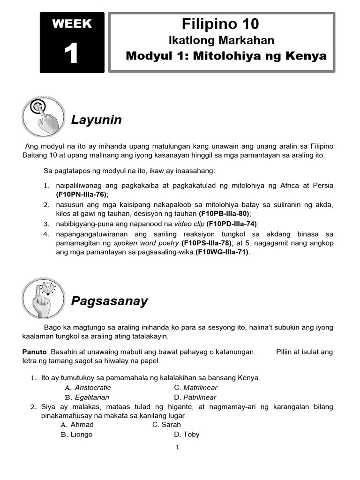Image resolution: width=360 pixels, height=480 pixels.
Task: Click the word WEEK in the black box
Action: point(71,24)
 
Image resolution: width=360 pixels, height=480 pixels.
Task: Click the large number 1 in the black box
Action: point(71,54)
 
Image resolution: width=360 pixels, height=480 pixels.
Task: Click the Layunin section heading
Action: point(96,120)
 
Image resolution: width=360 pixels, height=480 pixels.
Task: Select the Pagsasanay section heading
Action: point(109,301)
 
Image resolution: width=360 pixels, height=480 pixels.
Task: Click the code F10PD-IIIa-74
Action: point(232,224)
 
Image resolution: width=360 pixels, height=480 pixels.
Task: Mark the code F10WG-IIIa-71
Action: point(223,252)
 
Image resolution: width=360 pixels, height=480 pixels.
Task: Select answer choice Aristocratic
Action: point(93,388)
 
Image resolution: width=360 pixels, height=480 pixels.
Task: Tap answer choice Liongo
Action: point(82,435)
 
